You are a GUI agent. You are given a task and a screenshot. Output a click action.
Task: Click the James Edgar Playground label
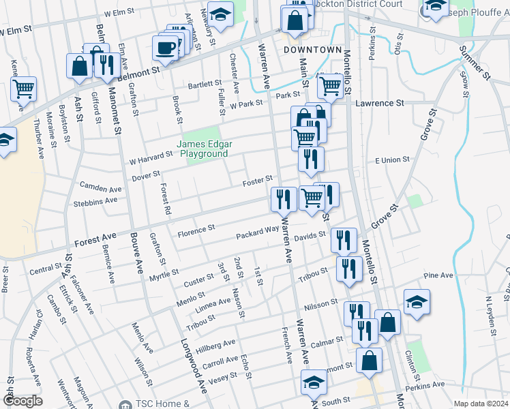202,149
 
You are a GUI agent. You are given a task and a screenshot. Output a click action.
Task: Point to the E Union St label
392,160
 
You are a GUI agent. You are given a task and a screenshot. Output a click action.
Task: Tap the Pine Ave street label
438,275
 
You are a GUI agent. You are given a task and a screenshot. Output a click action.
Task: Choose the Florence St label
196,230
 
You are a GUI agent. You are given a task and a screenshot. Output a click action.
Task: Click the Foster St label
259,180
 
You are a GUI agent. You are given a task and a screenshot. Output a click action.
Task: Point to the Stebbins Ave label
98,200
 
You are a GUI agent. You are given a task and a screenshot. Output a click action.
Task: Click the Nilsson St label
322,301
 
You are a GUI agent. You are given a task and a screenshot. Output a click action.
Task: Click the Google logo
22,401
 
